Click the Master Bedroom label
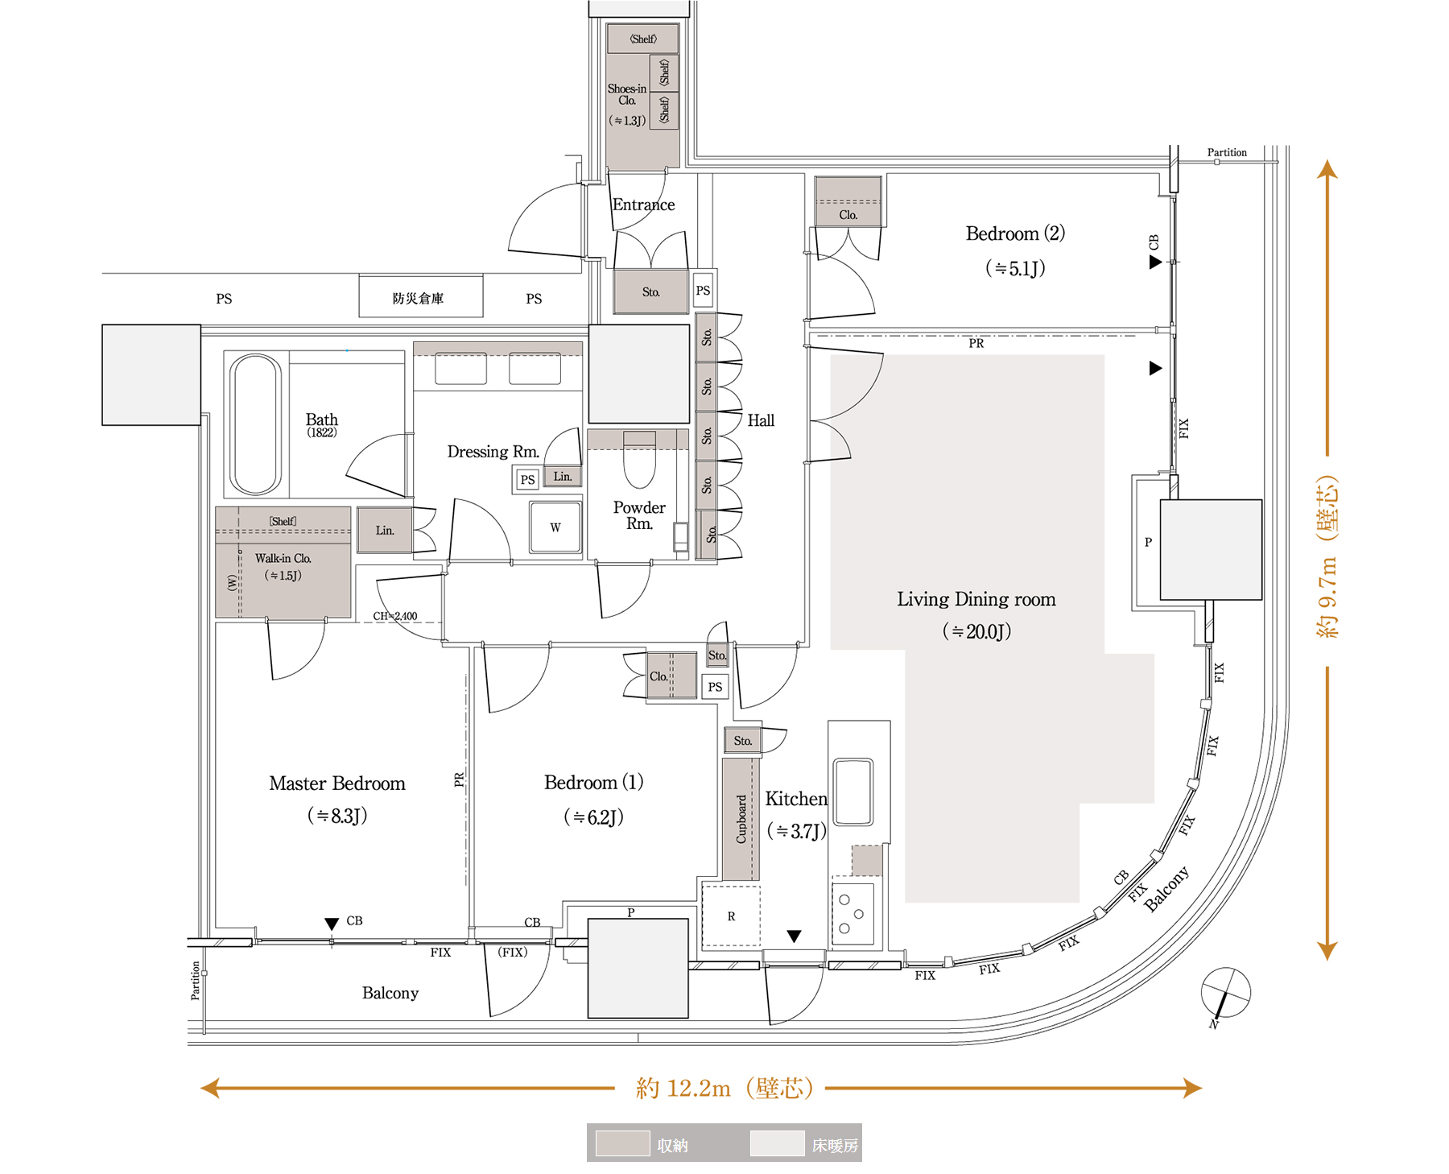(337, 783)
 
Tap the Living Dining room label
(976, 599)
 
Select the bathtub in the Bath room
(255, 424)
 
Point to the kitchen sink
(853, 791)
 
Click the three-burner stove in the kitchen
(852, 914)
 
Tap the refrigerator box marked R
(731, 916)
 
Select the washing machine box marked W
(555, 527)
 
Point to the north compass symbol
(1224, 994)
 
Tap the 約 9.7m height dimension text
(1327, 557)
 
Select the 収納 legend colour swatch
(622, 1143)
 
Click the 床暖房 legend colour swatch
(777, 1143)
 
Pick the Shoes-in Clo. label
(627, 95)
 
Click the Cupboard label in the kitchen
(741, 819)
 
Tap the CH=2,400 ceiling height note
(395, 616)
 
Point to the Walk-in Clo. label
(283, 558)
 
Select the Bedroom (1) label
(593, 783)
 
